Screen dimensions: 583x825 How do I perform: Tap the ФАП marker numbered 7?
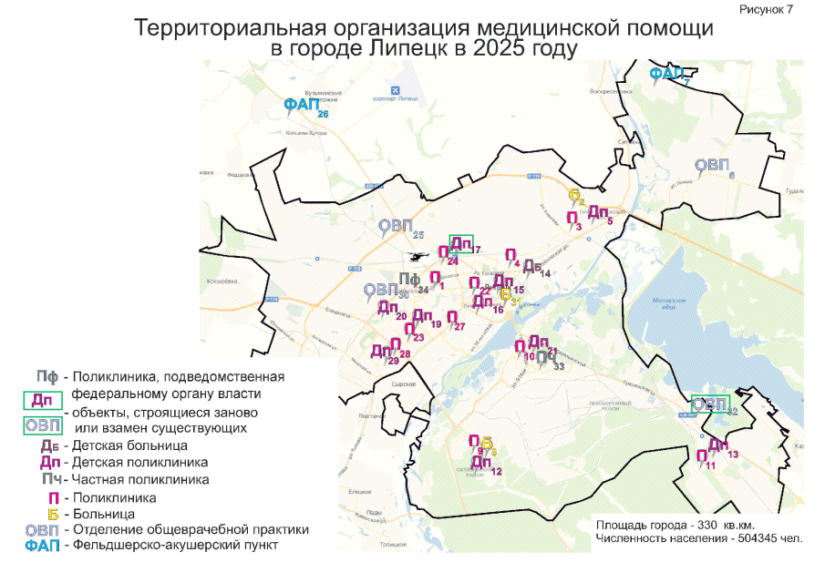pyautogui.click(x=665, y=74)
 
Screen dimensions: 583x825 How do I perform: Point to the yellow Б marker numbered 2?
pyautogui.click(x=574, y=195)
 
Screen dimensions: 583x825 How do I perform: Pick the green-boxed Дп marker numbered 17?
pyautogui.click(x=461, y=245)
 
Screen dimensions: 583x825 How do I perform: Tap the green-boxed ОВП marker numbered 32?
pyautogui.click(x=710, y=404)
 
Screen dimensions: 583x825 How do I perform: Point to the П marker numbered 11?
pyautogui.click(x=701, y=456)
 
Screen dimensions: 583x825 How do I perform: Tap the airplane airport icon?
pyautogui.click(x=395, y=89)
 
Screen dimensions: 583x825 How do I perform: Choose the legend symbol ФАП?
pyautogui.click(x=42, y=546)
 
